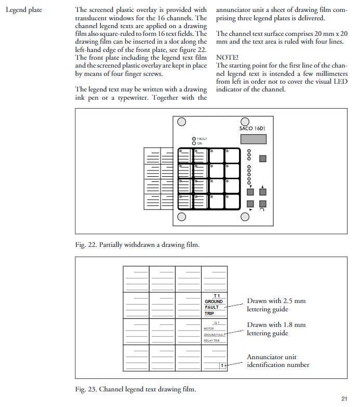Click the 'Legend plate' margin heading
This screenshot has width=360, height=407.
(24, 10)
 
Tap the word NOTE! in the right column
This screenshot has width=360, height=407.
(227, 57)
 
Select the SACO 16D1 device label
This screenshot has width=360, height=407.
(252, 128)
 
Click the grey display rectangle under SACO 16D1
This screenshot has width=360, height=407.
(254, 139)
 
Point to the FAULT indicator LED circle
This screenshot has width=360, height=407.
(194, 139)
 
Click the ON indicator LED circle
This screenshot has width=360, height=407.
(194, 143)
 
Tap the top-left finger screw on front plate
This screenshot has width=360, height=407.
(181, 122)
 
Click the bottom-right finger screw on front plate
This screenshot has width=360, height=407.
(245, 217)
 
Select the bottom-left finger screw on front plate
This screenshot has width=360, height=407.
(181, 217)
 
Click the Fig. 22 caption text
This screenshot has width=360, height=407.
(138, 245)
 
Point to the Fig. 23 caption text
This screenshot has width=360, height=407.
(136, 389)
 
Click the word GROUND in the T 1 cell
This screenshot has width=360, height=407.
(214, 301)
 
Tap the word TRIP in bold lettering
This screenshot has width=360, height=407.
(209, 313)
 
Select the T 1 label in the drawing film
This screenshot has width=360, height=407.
(217, 296)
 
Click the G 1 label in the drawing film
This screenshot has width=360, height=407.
(217, 323)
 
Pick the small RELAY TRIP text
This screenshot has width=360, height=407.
(211, 340)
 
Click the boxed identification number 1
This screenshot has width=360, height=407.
(222, 365)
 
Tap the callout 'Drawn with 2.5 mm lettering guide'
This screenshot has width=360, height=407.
(276, 305)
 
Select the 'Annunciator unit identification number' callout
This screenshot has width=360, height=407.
(278, 361)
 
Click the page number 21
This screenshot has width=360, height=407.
(344, 399)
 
